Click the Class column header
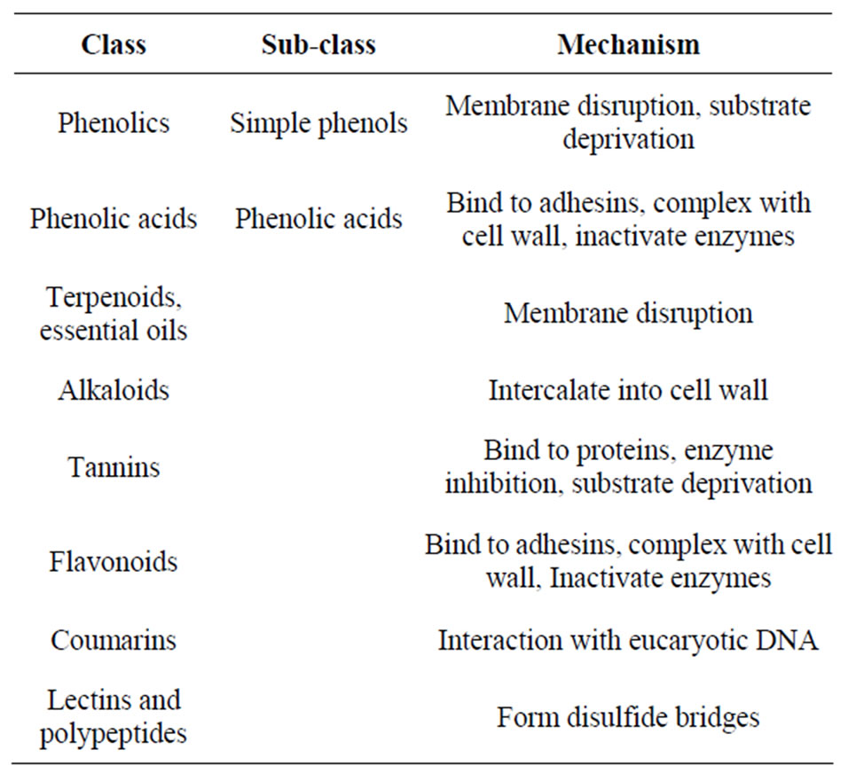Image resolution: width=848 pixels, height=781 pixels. [x=114, y=44]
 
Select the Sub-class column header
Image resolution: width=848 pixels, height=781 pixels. [x=318, y=44]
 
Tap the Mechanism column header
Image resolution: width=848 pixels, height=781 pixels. [x=628, y=44]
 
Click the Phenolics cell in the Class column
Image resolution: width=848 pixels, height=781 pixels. [x=114, y=122]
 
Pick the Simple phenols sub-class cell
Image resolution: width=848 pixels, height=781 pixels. [x=318, y=124]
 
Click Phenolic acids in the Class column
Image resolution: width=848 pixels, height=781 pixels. [x=114, y=219]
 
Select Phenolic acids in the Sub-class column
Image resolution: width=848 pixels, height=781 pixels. [x=318, y=219]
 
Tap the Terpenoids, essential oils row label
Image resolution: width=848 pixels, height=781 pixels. [x=114, y=314]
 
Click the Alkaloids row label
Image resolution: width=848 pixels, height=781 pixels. [x=114, y=390]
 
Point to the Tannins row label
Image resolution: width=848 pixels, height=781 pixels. [x=114, y=467]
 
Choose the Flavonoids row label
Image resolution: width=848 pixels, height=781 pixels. [x=114, y=561]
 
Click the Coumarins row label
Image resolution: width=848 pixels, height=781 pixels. [x=114, y=640]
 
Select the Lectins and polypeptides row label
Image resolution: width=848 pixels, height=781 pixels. [x=114, y=716]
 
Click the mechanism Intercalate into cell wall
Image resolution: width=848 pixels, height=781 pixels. [x=628, y=390]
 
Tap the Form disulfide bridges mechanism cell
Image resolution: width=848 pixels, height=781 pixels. [x=628, y=718]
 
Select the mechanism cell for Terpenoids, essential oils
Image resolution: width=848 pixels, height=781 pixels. [x=628, y=314]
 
